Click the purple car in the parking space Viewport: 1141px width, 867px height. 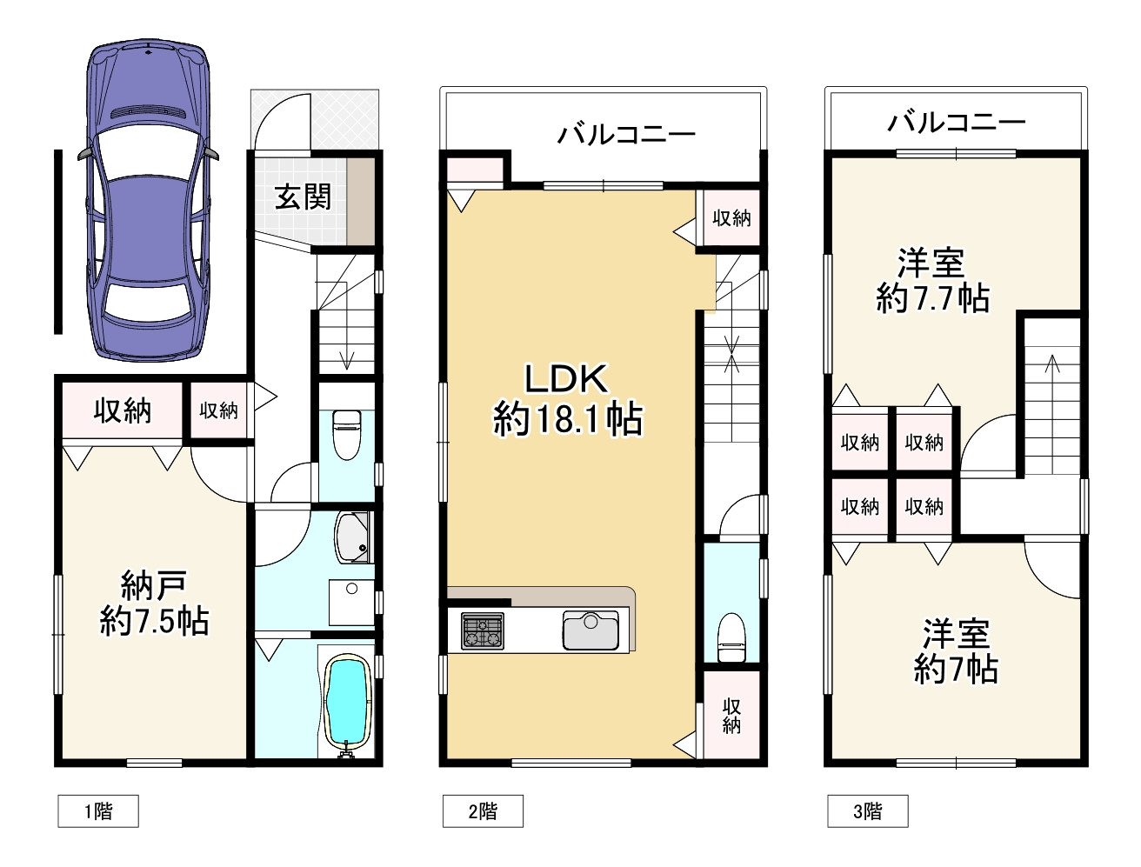tap(148, 202)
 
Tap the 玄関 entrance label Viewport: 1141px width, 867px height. tap(303, 197)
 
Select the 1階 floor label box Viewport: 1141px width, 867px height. tap(98, 810)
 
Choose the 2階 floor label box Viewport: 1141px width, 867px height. tap(483, 810)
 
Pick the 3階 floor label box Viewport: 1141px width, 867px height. tap(868, 810)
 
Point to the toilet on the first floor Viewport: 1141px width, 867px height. tap(346, 435)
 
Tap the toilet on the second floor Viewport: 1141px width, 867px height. tap(731, 637)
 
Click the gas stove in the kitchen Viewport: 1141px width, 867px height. tap(483, 631)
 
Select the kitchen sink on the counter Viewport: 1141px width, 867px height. tap(591, 630)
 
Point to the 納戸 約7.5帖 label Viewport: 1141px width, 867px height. tap(154, 603)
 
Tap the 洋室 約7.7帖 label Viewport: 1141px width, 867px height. tap(932, 281)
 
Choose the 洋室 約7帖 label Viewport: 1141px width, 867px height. tap(956, 650)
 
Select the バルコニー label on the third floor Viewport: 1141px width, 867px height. tap(957, 122)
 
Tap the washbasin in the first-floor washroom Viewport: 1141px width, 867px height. tap(352, 603)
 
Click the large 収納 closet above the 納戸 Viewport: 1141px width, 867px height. tap(122, 410)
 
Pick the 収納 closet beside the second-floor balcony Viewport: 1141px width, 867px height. tap(731, 218)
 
